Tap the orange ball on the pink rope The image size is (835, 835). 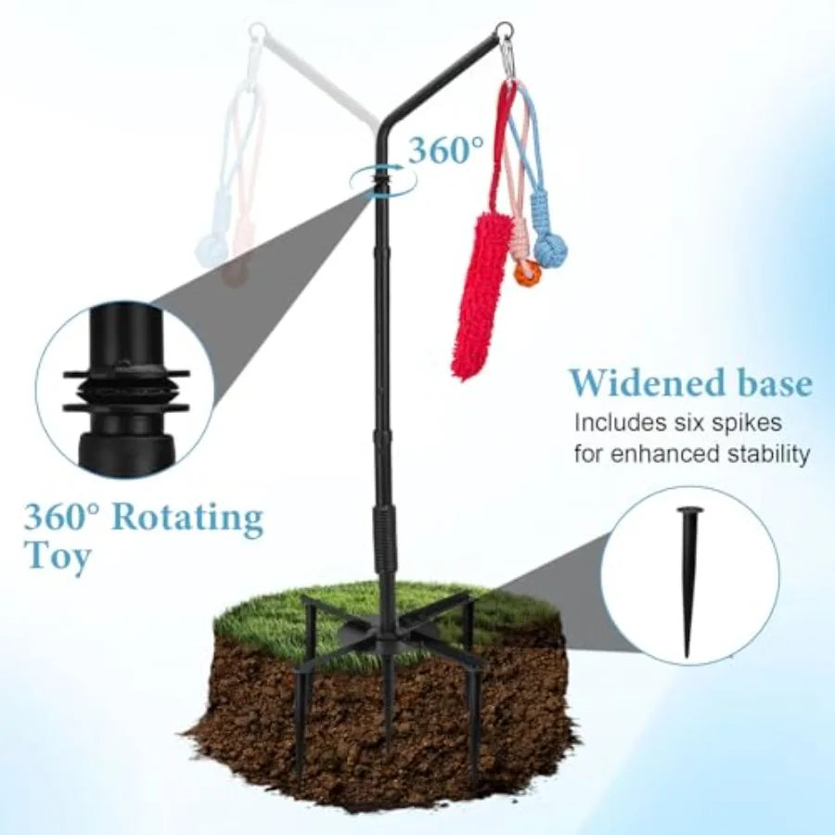527,275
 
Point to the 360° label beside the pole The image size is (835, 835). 446,150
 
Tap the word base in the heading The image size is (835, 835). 772,383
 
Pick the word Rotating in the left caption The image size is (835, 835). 188,518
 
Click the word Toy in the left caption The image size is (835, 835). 58,557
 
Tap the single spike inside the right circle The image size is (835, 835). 688,582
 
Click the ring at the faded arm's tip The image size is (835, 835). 256,30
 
